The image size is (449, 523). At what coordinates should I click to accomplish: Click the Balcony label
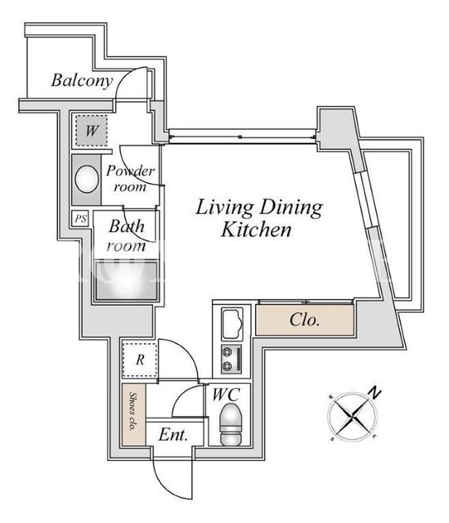(x=82, y=80)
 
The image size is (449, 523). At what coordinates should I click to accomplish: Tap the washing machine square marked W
(x=92, y=131)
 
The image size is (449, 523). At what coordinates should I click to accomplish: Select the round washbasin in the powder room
(x=87, y=179)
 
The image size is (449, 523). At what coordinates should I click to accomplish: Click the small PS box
(x=80, y=219)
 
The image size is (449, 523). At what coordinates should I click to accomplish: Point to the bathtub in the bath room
(x=127, y=281)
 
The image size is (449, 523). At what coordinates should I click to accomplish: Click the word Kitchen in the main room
(x=256, y=230)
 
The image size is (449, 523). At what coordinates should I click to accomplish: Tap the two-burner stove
(x=231, y=360)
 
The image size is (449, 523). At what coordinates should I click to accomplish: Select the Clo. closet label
(x=304, y=320)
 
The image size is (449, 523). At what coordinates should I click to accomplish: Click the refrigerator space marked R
(x=140, y=360)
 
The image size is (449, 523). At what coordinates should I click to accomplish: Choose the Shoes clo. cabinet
(x=133, y=414)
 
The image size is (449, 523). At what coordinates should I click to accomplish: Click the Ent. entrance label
(x=173, y=435)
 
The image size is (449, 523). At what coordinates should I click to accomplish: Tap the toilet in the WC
(x=231, y=424)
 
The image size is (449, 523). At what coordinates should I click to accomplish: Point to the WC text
(x=227, y=394)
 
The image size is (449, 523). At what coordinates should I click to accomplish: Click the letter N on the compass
(x=375, y=393)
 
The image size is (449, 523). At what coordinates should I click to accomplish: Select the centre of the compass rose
(x=352, y=416)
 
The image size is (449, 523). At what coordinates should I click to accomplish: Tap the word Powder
(x=130, y=171)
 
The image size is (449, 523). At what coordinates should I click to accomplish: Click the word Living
(x=224, y=208)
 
